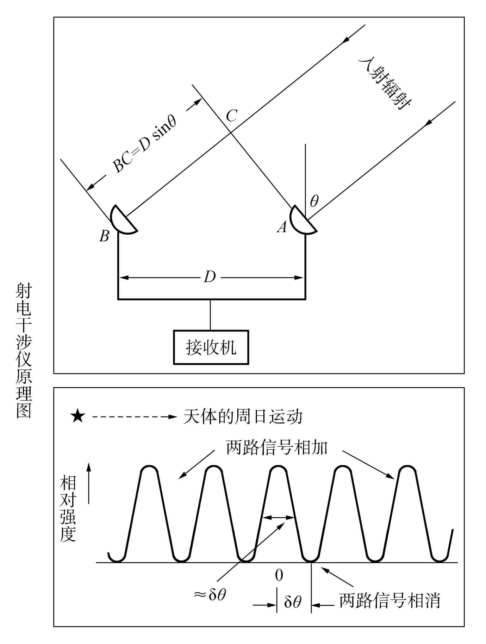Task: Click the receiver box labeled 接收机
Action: (x=211, y=347)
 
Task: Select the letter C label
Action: (x=232, y=116)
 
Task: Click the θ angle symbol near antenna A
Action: (x=314, y=201)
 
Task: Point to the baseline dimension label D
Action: (x=210, y=277)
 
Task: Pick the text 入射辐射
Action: (x=385, y=84)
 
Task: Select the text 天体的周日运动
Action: (x=243, y=417)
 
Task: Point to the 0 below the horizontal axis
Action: (x=279, y=575)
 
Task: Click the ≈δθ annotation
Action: (x=210, y=595)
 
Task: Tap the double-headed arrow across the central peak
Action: (x=279, y=518)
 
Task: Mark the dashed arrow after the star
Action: (x=134, y=417)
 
